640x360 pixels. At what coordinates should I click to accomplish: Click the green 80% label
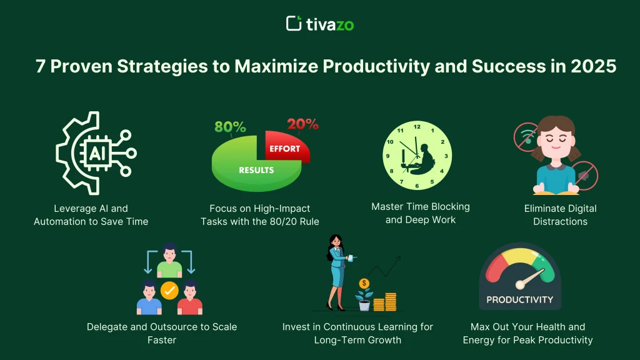coord(230,127)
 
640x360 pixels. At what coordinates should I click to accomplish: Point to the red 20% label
coord(303,124)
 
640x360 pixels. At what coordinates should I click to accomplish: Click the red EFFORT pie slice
coord(285,149)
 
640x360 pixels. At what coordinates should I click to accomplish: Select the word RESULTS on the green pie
coord(256,170)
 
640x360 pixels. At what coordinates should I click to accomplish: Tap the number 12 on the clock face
coord(417,127)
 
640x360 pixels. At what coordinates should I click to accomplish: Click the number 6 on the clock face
coord(417,186)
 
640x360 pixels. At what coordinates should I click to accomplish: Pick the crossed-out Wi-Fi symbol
coord(527,137)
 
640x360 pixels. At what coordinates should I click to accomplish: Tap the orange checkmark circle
coord(169,290)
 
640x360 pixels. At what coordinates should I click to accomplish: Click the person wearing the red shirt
coord(189,299)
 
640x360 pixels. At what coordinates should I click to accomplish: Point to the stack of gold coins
coord(389,301)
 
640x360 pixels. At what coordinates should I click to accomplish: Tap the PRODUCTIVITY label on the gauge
coord(520,299)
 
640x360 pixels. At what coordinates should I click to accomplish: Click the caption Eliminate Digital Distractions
coord(560,214)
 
